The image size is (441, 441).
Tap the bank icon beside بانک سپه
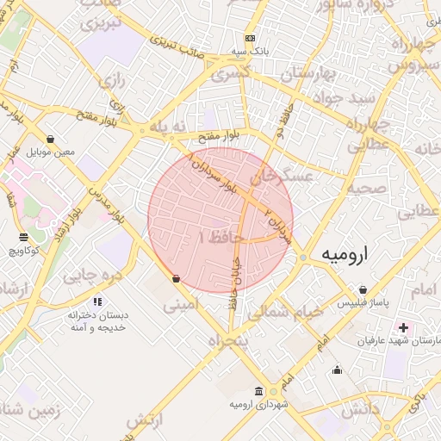click(x=250, y=39)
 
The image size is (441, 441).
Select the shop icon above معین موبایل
click(x=51, y=140)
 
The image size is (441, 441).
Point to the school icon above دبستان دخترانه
click(x=97, y=302)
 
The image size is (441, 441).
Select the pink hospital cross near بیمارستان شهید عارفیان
click(x=403, y=327)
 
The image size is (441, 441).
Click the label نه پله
click(x=168, y=127)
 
